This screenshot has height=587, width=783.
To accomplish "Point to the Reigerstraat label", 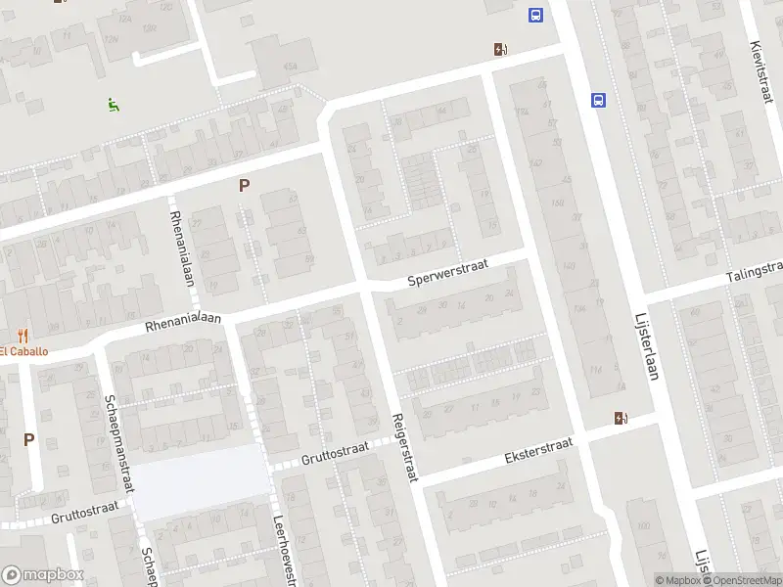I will pos(404,445).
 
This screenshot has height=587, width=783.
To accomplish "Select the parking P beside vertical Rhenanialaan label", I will pos(244,185).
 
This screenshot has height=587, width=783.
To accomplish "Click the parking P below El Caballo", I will pos(28,440).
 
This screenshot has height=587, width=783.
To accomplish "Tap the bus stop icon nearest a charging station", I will pos(536,15).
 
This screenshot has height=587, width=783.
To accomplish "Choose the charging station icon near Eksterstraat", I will pos(621,419).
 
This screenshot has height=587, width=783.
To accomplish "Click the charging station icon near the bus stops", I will pos(500,50).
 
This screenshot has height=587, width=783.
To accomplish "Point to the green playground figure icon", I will pos(114,103).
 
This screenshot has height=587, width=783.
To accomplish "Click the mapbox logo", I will pos(42,575).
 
